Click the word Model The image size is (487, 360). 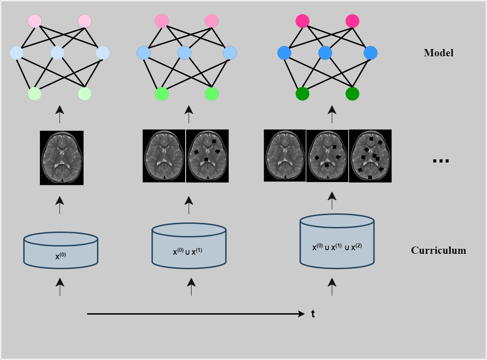[438, 53]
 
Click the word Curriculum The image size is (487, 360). [438, 250]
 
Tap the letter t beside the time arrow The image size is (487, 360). [313, 314]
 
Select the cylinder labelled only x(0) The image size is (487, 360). [61, 249]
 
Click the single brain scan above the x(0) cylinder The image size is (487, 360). [62, 158]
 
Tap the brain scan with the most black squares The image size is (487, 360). [370, 156]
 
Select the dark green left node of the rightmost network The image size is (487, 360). [302, 94]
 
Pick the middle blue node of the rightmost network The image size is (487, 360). [325, 53]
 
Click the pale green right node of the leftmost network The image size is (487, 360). [84, 94]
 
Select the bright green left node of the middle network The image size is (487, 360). [162, 94]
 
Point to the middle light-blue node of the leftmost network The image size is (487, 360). [57, 53]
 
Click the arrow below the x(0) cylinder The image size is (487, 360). [60, 287]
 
